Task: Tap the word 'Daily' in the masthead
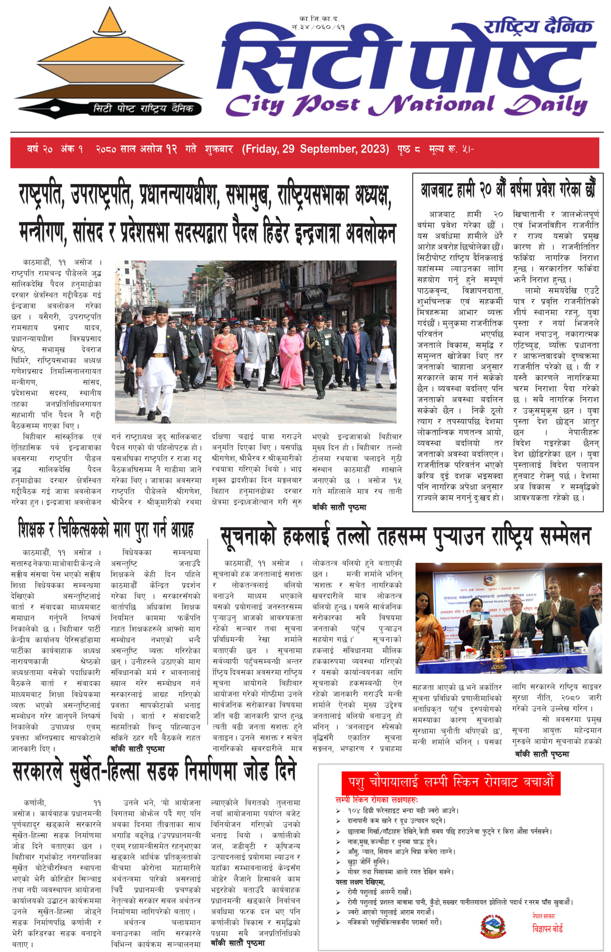coord(546,106)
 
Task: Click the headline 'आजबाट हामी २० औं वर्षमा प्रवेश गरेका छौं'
coord(507,190)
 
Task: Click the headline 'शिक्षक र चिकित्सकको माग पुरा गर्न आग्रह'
coord(106,530)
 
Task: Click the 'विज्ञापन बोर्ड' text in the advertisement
coord(547,929)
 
